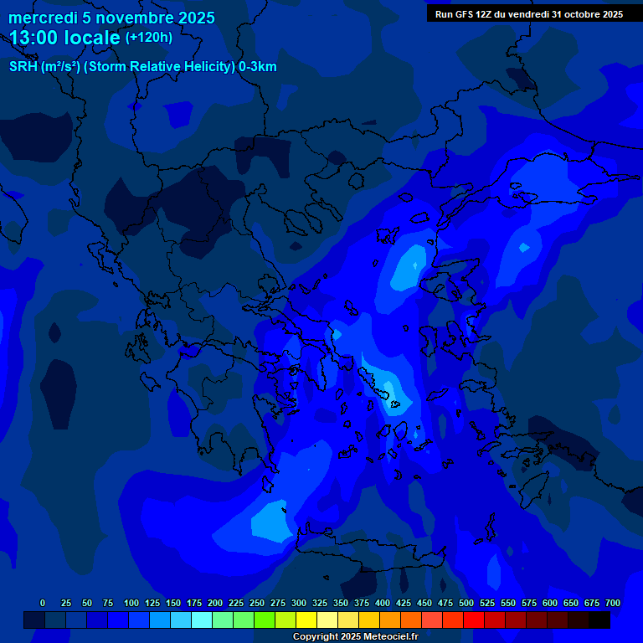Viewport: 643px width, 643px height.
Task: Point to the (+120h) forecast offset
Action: coord(149,38)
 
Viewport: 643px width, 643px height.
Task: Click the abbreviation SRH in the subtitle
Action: coord(23,67)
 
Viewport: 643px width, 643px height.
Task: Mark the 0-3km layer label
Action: coord(258,67)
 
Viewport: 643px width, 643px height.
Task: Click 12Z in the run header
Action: coord(489,14)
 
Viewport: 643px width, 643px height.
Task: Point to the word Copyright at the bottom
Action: coord(316,636)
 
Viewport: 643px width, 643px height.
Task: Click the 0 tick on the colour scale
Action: coord(43,603)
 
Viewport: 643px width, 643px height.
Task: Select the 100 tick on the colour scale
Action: coord(131,603)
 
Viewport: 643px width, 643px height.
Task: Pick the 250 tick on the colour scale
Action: coord(257,603)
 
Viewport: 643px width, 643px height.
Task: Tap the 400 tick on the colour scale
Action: coord(383,603)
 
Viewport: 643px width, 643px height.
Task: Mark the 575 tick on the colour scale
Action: coord(529,603)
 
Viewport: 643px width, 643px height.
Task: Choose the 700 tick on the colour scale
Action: coord(613,603)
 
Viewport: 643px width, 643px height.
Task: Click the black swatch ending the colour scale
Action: coord(599,620)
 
